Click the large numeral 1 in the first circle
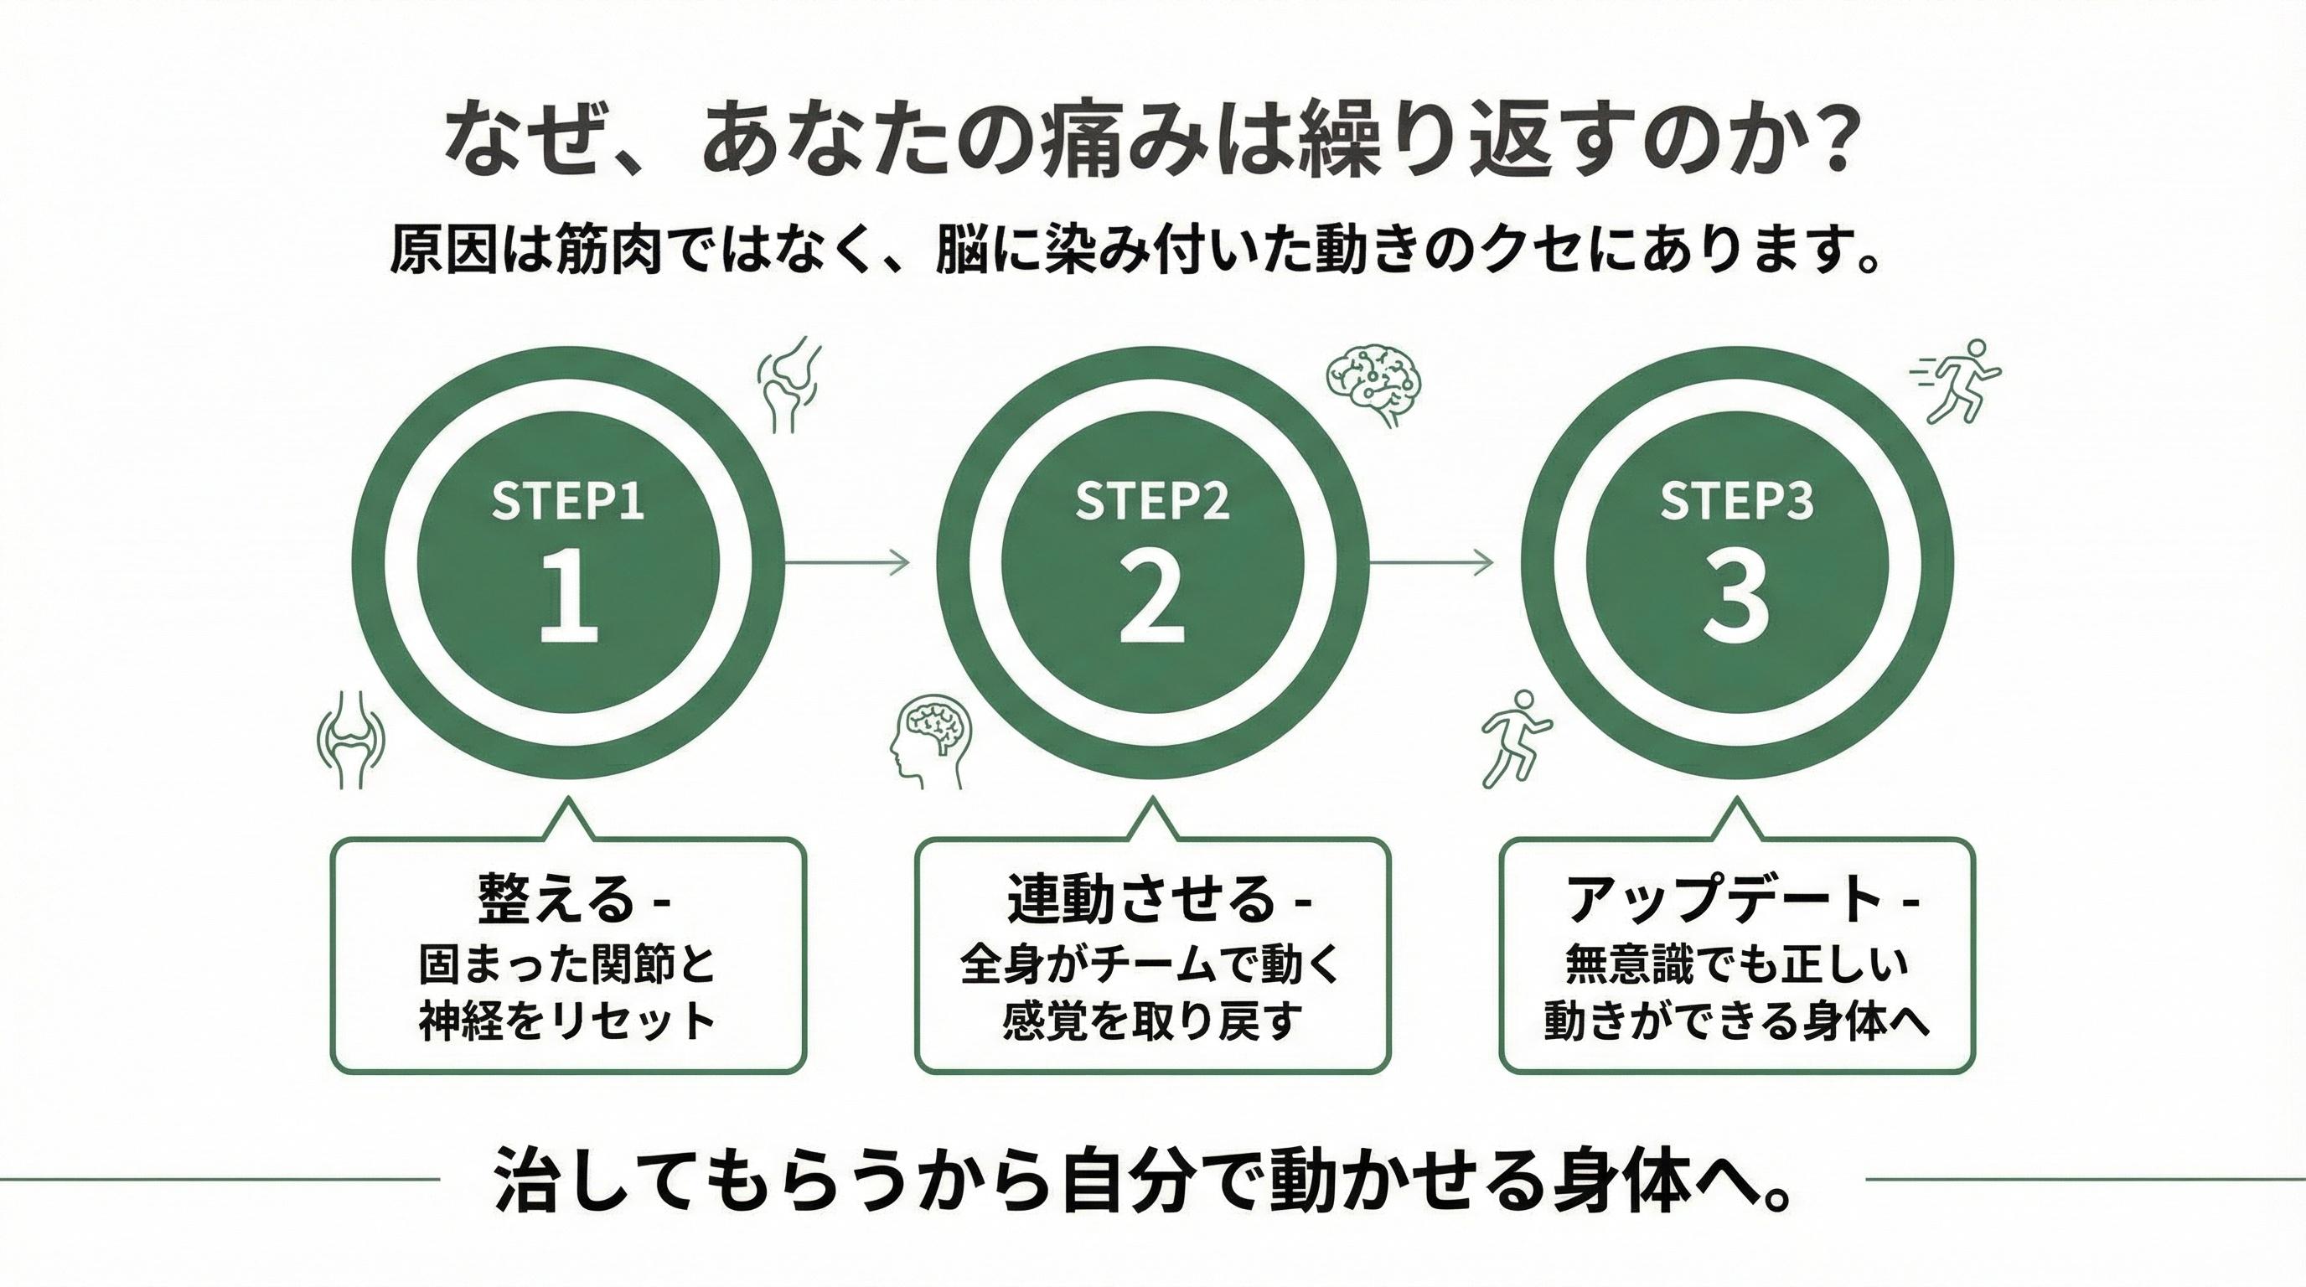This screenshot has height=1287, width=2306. (568, 600)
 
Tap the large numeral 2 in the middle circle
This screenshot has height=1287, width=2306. (1152, 600)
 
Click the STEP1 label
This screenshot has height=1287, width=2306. (568, 501)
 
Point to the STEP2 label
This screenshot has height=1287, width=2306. (1152, 501)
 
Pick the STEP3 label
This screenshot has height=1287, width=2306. (1737, 501)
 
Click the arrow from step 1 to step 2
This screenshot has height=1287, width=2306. (847, 562)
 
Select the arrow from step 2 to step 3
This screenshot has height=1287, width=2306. (1430, 562)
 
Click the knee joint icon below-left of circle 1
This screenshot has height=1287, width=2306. (351, 738)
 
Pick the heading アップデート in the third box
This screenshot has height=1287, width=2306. (1724, 899)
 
